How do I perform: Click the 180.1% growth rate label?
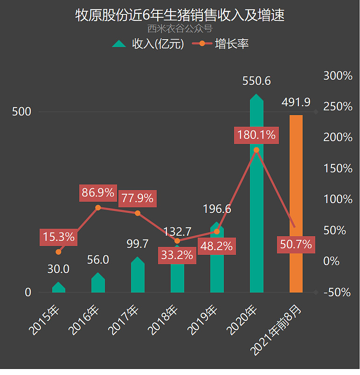tap(256, 135)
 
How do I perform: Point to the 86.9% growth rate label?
tap(98, 192)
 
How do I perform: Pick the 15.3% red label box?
tap(59, 237)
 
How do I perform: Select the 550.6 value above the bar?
tap(256, 81)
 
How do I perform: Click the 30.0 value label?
tap(59, 269)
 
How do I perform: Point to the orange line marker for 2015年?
tap(58, 252)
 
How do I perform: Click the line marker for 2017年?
tap(138, 213)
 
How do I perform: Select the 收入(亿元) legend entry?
tap(148, 44)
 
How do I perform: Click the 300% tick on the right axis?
tap(338, 75)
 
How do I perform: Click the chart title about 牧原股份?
tap(180, 15)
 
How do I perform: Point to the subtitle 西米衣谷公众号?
tap(180, 28)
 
